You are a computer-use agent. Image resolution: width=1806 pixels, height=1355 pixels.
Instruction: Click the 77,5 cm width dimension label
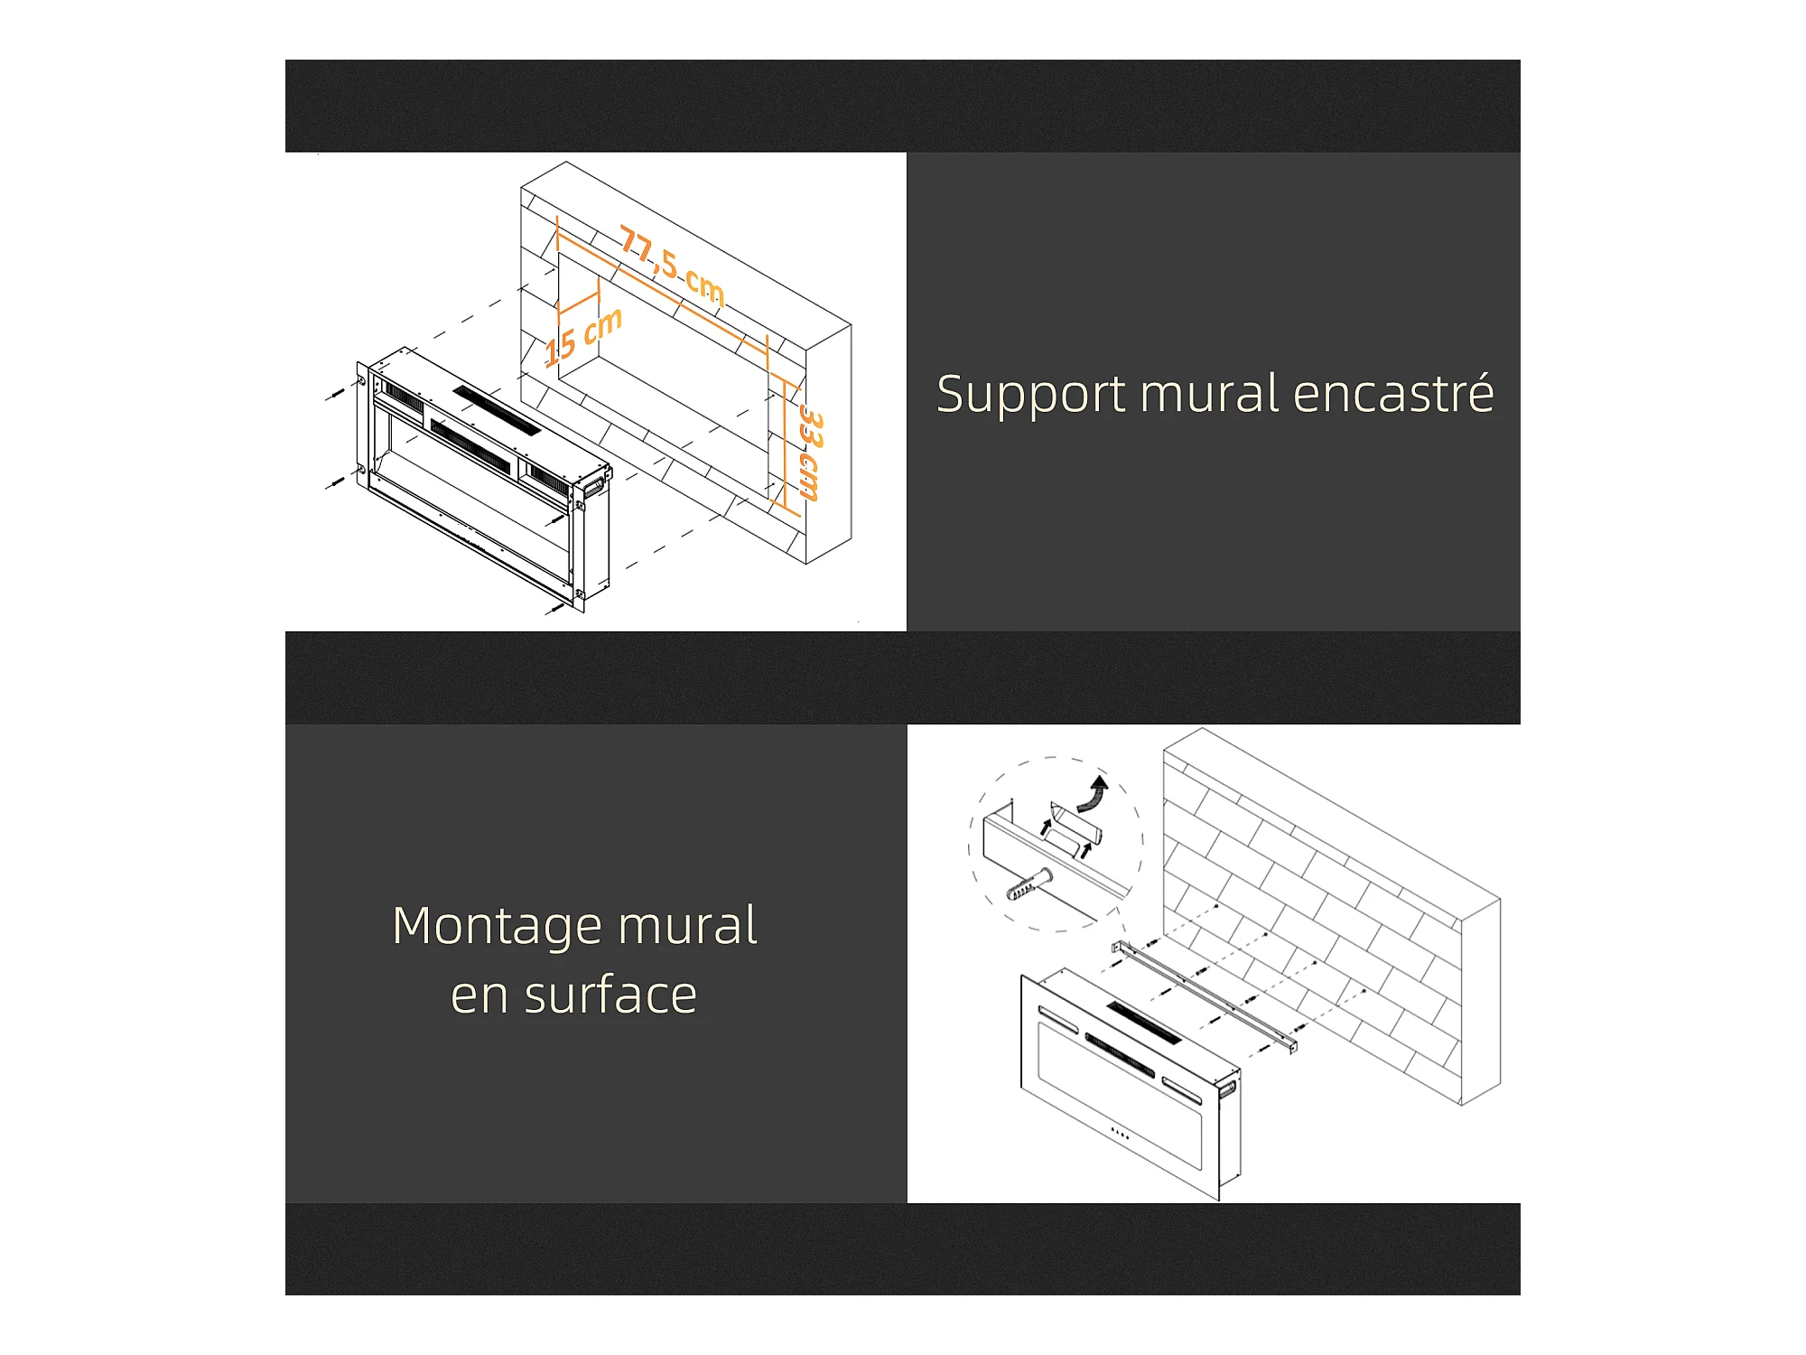pyautogui.click(x=672, y=265)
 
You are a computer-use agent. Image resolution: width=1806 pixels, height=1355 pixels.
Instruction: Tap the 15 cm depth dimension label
pyautogui.click(x=583, y=335)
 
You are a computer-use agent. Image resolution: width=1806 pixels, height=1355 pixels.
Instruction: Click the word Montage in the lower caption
pyautogui.click(x=498, y=928)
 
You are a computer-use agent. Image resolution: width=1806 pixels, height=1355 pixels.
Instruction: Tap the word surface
pyautogui.click(x=610, y=995)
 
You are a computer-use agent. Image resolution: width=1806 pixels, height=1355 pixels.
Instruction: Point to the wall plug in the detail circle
pyautogui.click(x=1029, y=884)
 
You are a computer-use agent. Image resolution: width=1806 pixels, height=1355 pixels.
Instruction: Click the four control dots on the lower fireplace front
pyautogui.click(x=1120, y=1133)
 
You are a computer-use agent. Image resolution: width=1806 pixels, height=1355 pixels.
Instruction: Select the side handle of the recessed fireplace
pyautogui.click(x=595, y=485)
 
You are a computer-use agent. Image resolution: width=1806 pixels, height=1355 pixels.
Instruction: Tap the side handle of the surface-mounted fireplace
pyautogui.click(x=1227, y=1089)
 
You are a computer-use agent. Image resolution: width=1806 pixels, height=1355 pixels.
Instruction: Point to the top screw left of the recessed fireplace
pyautogui.click(x=335, y=394)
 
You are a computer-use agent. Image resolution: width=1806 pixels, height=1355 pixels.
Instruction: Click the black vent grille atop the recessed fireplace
pyautogui.click(x=497, y=410)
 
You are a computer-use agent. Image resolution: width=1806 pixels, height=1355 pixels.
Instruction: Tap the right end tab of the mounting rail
pyautogui.click(x=1292, y=1044)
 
